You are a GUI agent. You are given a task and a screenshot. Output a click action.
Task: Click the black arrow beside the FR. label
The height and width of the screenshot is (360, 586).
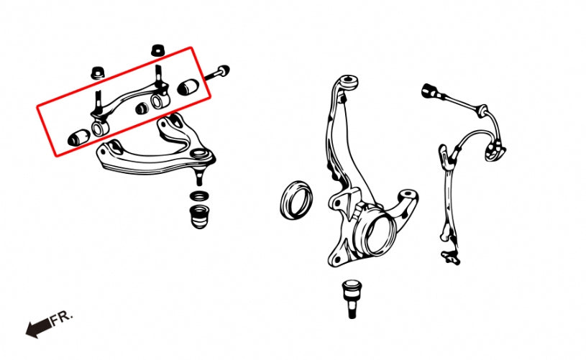[x=38, y=328]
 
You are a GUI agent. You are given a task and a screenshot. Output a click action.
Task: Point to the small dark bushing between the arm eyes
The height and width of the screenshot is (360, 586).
[x=141, y=109]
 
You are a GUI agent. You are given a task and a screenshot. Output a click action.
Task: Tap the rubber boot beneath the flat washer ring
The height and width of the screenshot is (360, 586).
[x=198, y=216]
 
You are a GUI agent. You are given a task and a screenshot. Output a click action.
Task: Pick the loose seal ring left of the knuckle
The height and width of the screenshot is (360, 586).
[x=296, y=201]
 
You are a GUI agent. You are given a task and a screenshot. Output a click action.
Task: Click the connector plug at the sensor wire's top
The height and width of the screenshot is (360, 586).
[x=429, y=91]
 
